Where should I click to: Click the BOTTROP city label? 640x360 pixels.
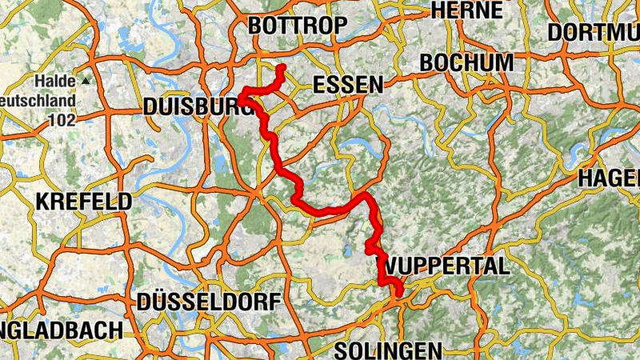[298, 26]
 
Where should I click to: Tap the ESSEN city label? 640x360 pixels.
[347, 85]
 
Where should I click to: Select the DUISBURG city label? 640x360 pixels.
[192, 107]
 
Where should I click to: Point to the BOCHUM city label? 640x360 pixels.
[466, 62]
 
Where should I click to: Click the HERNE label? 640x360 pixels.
[466, 10]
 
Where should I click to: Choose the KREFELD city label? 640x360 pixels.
[83, 201]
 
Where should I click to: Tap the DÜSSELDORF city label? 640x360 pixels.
[210, 302]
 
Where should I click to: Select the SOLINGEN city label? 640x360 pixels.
[388, 350]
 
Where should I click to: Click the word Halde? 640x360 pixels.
[53, 82]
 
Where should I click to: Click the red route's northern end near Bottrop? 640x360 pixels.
[281, 68]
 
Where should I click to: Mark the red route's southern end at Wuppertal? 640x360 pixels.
[399, 294]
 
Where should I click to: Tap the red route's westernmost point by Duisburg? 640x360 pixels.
[240, 98]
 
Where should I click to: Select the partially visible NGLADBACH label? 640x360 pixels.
[62, 330]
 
